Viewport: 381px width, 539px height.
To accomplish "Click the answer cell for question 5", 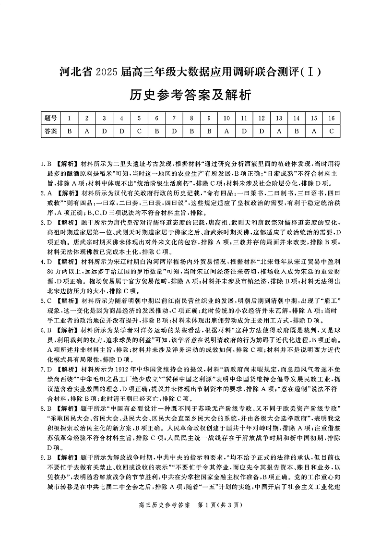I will coord(139,130).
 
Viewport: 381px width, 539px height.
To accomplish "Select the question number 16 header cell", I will coord(331,118).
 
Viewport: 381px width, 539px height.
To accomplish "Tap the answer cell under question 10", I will coord(226,130).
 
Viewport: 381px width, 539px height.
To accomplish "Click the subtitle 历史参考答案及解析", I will coord(190,95).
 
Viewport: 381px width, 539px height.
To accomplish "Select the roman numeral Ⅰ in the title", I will coord(311,73).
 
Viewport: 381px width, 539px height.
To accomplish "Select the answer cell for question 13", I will coord(279,130).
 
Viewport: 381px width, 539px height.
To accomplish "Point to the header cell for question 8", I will coord(191,118).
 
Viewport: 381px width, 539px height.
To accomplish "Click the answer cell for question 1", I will coord(69,130).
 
